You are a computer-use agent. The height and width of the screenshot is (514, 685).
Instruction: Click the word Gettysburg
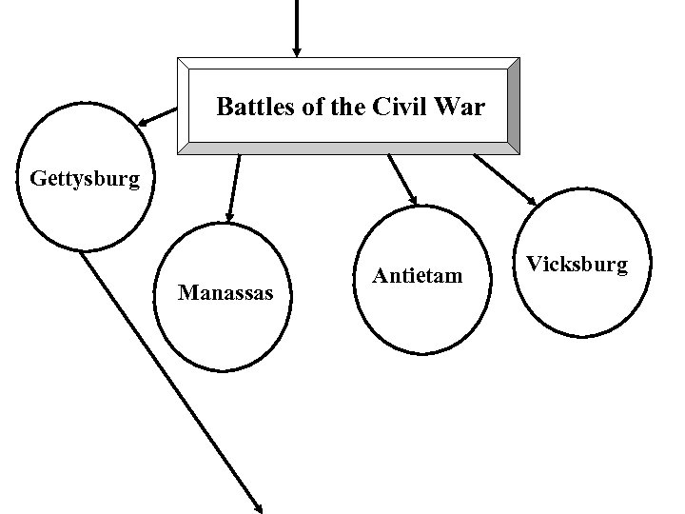pos(85,178)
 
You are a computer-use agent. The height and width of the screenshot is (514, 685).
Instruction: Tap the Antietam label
pos(418,276)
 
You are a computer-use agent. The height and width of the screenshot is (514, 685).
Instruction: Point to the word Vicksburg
pos(577,264)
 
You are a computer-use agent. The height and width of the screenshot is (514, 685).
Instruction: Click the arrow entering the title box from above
pos(297,24)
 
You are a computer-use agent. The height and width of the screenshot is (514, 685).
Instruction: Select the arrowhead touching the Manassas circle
pos(229,217)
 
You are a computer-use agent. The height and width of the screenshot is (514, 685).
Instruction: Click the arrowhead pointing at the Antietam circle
pos(413,198)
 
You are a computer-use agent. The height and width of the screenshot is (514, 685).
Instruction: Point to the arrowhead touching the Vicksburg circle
pos(530,200)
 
